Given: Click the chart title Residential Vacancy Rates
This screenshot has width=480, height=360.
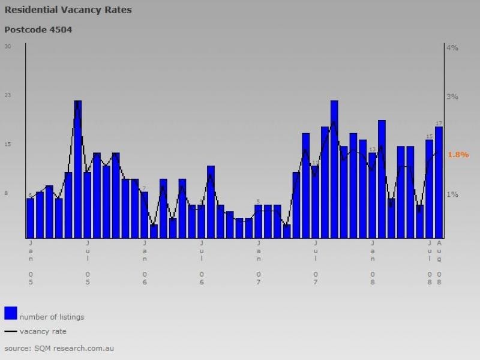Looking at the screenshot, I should click(68, 10).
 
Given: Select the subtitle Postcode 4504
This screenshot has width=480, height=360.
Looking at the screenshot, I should click(38, 29).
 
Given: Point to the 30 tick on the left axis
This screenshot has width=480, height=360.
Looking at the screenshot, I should click(8, 46).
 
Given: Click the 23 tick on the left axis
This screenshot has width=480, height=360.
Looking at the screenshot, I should click(8, 95).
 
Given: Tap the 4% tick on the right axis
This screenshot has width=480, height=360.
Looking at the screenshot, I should click(452, 47).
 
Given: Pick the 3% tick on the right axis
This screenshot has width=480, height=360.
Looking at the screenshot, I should click(452, 97).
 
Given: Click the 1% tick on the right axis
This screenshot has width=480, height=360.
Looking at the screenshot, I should click(452, 194).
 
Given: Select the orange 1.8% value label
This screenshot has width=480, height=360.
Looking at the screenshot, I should click(458, 154).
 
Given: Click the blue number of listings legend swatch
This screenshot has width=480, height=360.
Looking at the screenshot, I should click(10, 313).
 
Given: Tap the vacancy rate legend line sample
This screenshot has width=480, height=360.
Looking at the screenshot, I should click(10, 331).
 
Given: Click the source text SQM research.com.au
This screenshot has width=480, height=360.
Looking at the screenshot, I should click(59, 348).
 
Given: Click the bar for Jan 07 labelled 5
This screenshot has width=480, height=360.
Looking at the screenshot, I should click(259, 221).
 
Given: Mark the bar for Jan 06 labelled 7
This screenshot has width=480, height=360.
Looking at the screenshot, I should click(144, 215).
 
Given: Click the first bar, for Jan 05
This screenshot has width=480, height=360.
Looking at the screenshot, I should click(30, 218).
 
